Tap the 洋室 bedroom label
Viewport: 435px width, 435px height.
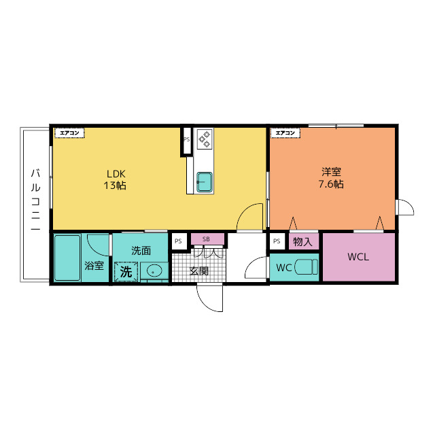(x=331, y=172)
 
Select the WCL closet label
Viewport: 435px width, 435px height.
(x=358, y=257)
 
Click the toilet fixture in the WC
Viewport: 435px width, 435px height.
(x=307, y=267)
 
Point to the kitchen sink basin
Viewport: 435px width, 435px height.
(x=205, y=182)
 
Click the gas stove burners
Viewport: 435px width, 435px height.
(x=205, y=139)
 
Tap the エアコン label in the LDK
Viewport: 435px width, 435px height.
(x=69, y=133)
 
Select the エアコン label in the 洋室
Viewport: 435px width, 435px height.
(x=285, y=133)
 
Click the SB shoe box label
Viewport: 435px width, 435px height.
(x=206, y=239)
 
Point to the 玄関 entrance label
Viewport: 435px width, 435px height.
(x=199, y=271)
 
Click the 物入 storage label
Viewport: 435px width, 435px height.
(x=302, y=242)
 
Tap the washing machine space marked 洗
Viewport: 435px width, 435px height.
(x=126, y=272)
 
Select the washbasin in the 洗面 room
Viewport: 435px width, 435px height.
(x=154, y=271)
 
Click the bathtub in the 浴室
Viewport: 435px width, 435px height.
(x=67, y=258)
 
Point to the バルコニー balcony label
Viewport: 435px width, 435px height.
(x=36, y=200)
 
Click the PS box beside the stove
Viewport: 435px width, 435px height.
(x=186, y=139)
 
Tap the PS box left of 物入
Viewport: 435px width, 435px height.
(x=277, y=241)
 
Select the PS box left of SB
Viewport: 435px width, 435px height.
(x=178, y=241)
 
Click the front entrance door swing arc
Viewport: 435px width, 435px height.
(x=204, y=303)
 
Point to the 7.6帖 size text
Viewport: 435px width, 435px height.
(x=331, y=184)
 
